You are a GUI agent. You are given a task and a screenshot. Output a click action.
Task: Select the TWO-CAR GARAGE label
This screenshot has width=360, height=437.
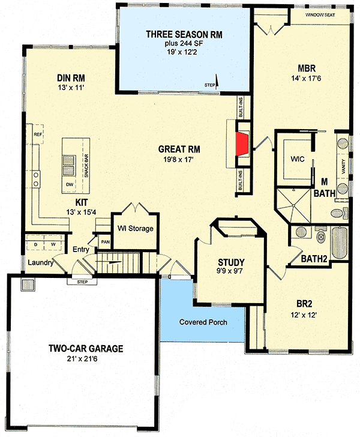86,348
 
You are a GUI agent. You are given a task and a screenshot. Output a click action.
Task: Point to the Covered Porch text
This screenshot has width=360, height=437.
203,322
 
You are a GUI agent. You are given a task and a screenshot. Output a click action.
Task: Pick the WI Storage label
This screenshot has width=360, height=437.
136,228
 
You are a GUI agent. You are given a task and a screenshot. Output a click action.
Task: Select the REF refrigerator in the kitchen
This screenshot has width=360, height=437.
37,134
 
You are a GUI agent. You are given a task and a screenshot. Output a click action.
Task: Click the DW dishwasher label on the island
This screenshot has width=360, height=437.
69,184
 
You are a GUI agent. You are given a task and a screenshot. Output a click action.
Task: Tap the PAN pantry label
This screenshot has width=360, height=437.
105,242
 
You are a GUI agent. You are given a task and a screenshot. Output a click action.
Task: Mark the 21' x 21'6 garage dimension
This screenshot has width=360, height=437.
86,359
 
